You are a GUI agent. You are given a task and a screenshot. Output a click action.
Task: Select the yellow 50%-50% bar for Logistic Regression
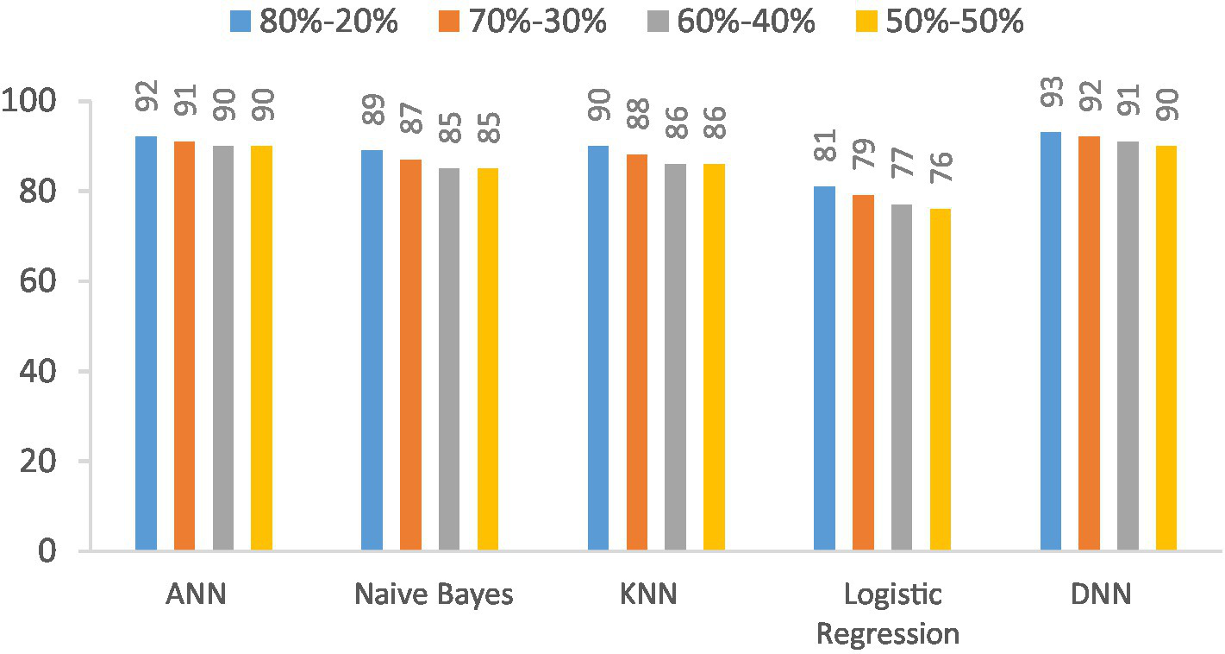click(940, 380)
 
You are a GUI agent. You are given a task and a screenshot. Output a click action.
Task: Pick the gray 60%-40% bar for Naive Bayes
click(449, 359)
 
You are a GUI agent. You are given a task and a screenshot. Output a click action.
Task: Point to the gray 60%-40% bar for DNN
click(1128, 346)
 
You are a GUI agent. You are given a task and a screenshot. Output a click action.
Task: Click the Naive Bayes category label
click(434, 595)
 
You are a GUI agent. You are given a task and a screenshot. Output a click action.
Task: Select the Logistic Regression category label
click(887, 614)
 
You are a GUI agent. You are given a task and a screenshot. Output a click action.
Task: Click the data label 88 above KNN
click(638, 121)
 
